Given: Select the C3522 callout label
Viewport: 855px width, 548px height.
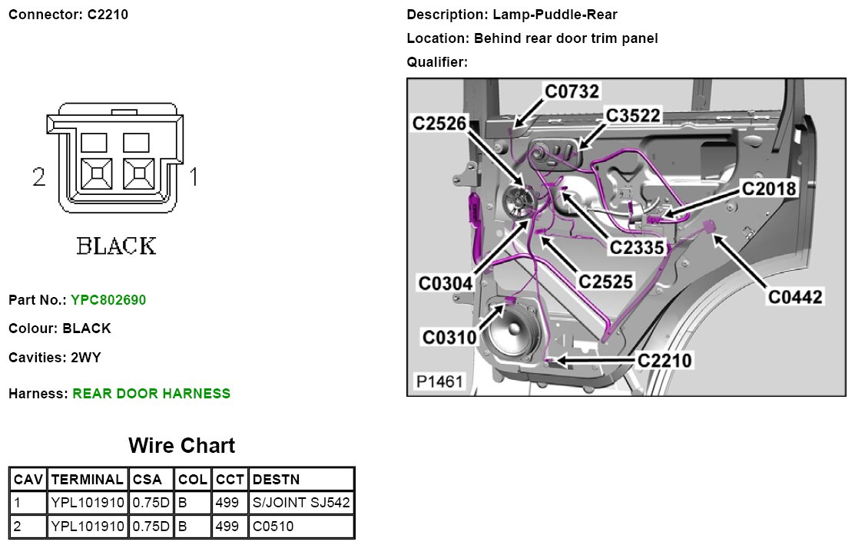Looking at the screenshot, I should pos(632,115).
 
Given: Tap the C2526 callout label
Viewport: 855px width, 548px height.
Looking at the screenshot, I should pos(439,123).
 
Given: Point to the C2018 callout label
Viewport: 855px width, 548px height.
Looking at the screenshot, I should pos(768,187).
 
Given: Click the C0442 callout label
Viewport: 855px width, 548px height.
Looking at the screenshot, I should pos(796,295).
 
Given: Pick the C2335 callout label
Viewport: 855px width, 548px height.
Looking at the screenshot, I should pos(636,247).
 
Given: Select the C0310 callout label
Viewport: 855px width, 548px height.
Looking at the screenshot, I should pos(449,337).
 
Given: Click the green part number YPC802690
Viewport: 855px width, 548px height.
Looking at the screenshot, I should pos(108,299).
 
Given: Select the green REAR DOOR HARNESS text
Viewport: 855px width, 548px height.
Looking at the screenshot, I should pos(151,394).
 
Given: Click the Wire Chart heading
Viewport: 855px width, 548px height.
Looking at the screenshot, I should pos(181,445).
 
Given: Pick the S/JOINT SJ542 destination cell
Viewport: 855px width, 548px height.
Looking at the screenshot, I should pos(301,503).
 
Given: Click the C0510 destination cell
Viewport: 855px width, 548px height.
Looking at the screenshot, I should pos(273,527).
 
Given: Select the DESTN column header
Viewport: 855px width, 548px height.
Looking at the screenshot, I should pos(276,480).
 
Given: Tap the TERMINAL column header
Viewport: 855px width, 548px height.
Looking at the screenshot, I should pos(87,480).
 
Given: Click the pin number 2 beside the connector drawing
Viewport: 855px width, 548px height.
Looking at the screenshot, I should pos(40,178).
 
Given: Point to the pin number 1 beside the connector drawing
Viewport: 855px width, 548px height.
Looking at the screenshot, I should pos(194,178).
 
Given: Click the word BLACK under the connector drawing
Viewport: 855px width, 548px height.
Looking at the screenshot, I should pos(117,246).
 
